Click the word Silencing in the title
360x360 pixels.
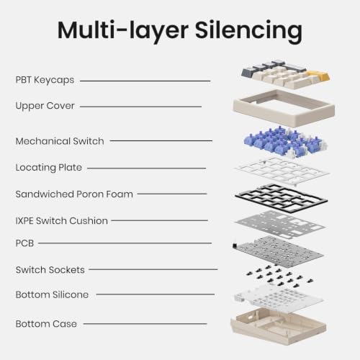point(248,31)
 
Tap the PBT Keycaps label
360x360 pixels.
point(45,80)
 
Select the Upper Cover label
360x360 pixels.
point(45,106)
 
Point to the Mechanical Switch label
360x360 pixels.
point(60,141)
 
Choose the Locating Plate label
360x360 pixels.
point(49,168)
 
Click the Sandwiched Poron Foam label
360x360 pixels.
point(74,194)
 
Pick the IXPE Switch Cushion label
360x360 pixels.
point(61,221)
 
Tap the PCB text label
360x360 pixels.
point(24,243)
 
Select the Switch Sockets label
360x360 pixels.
point(50,270)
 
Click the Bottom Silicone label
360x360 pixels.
point(52,294)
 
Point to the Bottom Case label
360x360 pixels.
point(46,324)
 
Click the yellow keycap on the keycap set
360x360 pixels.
point(318,75)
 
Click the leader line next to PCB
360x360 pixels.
point(125,243)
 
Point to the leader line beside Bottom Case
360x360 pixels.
point(145,324)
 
